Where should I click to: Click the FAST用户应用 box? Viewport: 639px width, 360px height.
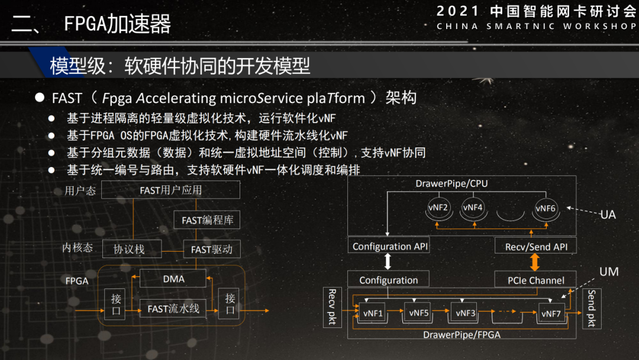(170, 190)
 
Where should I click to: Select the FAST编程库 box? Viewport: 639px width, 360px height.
(207, 221)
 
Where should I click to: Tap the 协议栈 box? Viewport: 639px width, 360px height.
(129, 249)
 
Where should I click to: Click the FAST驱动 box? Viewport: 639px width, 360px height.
(212, 249)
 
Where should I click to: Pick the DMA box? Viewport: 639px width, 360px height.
(173, 278)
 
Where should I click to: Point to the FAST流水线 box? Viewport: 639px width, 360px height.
(173, 308)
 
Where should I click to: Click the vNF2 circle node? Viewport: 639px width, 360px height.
(438, 207)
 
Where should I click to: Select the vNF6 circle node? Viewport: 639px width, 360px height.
(545, 208)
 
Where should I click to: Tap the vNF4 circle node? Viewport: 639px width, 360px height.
(473, 207)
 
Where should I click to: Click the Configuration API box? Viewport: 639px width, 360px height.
(390, 246)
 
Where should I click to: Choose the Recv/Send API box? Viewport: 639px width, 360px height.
(535, 246)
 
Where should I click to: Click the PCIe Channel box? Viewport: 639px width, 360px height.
(535, 280)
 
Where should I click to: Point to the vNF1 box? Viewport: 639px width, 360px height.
(373, 313)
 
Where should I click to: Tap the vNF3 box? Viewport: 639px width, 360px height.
(464, 313)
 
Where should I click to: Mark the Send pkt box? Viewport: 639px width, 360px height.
(591, 309)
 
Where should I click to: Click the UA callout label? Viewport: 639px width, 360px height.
(608, 214)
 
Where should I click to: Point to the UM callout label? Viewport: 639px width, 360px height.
(609, 272)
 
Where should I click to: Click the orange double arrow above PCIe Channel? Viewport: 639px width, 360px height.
(535, 263)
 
